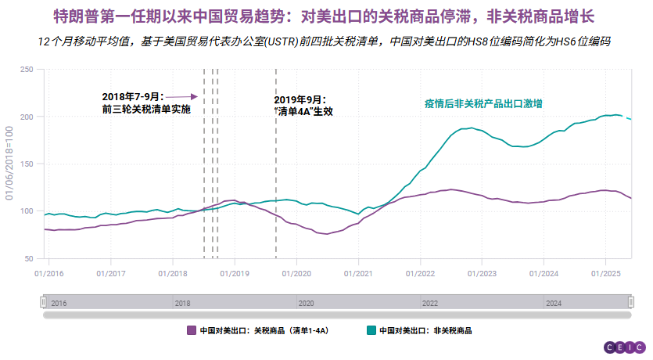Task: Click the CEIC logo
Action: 624,347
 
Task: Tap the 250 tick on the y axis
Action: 27,70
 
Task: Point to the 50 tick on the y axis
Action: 29,258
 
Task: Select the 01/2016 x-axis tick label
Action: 48,273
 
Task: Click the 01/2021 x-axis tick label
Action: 358,273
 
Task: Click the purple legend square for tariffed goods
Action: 192,330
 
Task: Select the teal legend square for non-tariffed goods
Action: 371,330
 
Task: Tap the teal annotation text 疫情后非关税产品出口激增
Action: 484,103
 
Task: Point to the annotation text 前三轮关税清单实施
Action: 146,109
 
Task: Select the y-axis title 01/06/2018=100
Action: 10,163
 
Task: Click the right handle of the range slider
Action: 631,302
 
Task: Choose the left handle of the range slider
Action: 45,302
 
